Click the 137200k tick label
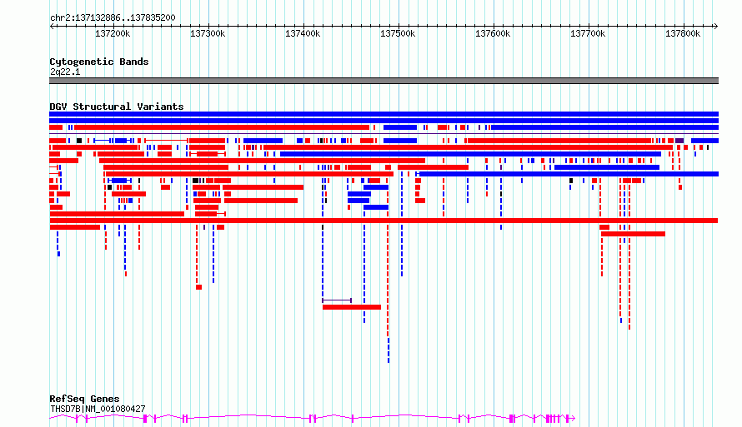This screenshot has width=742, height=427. click(113, 33)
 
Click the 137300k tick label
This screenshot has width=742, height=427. click(208, 33)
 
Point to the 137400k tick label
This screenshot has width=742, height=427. click(303, 33)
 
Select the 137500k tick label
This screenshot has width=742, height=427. click(398, 33)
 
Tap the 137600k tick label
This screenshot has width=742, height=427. click(493, 33)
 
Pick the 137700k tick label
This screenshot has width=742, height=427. click(588, 33)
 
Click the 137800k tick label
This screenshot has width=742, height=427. click(683, 33)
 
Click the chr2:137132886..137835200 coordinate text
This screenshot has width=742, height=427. click(113, 18)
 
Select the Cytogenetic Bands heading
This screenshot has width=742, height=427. click(99, 62)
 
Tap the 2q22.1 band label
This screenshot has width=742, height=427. click(65, 72)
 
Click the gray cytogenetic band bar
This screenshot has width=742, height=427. click(384, 81)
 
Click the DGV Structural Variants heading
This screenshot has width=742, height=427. click(117, 107)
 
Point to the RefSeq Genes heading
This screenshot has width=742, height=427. click(84, 400)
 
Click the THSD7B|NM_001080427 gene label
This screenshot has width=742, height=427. click(98, 409)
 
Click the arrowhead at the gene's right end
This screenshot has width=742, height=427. click(573, 418)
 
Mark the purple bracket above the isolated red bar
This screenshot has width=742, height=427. click(337, 300)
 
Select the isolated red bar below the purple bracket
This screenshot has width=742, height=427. click(352, 307)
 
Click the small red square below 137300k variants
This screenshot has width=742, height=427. click(198, 287)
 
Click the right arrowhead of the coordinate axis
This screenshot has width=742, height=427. click(716, 26)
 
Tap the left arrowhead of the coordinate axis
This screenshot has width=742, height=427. click(52, 26)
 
